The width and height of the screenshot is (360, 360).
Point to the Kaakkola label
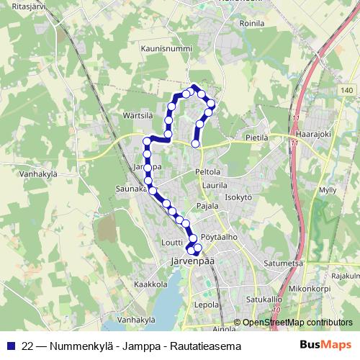[150, 284]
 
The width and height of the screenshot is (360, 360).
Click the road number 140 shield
[348, 89]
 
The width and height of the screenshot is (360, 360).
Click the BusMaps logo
[326, 344]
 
